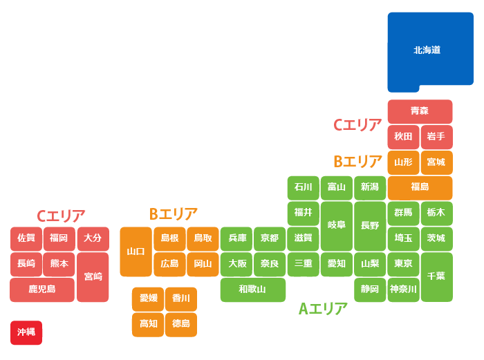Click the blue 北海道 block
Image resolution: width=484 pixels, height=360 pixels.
pos(427,50)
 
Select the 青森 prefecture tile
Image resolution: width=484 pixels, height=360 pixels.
pos(420,111)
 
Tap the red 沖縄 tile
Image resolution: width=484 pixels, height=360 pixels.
pos(26,332)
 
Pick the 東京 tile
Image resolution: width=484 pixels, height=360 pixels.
pos(403,263)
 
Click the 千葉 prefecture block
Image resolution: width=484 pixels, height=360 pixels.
pos(436,276)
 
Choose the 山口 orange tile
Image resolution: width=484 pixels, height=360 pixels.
pos(136,252)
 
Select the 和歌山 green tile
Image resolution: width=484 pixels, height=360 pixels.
pos(252,290)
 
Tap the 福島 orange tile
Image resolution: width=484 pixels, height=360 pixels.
pos(420,187)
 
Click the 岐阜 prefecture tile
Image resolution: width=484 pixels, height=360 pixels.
pos(336,225)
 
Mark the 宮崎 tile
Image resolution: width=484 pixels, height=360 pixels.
pos(93,276)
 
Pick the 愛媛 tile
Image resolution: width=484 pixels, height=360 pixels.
pos(148,299)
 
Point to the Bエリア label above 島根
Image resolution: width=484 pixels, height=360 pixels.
pos(174,214)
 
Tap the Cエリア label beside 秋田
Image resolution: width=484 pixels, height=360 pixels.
pos(357,125)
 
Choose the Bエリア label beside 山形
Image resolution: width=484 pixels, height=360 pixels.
pos(357,162)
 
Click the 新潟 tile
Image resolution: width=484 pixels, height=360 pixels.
pos(369,187)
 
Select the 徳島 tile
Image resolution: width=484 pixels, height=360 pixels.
pos(181,323)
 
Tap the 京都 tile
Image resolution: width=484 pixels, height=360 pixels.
pos(269,238)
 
